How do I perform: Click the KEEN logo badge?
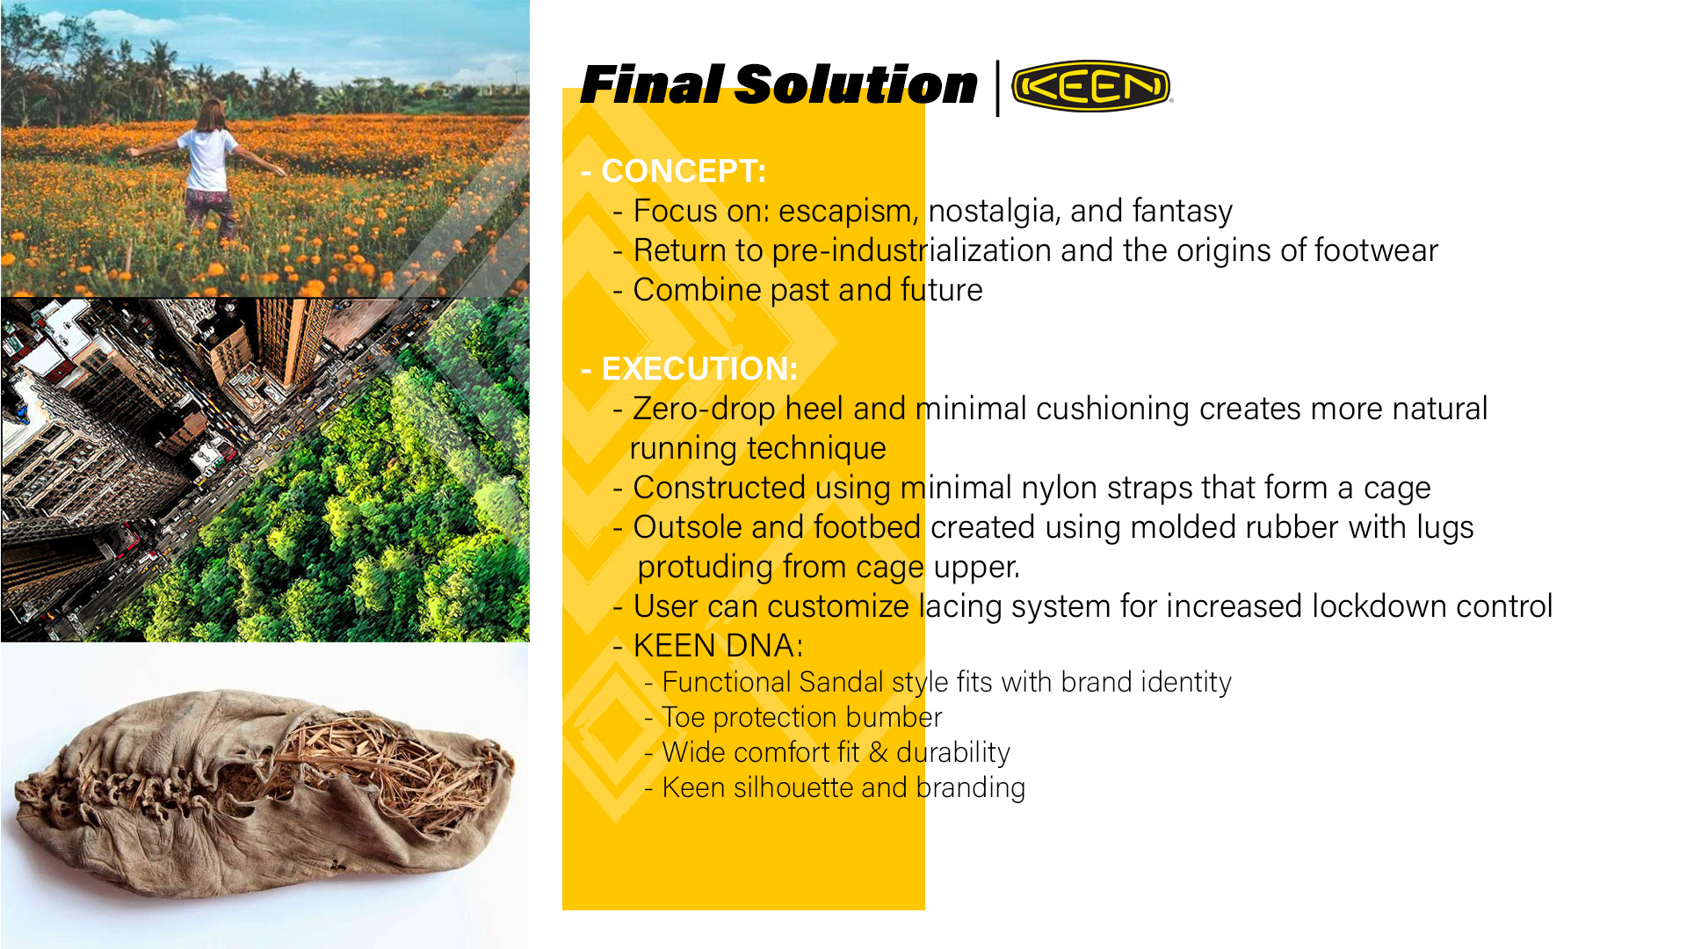[1091, 86]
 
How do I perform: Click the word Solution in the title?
[855, 84]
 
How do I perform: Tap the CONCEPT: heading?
[674, 170]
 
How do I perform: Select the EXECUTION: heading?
[690, 368]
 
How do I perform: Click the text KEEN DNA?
[718, 646]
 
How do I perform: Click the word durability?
[953, 753]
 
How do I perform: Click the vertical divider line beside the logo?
[997, 88]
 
